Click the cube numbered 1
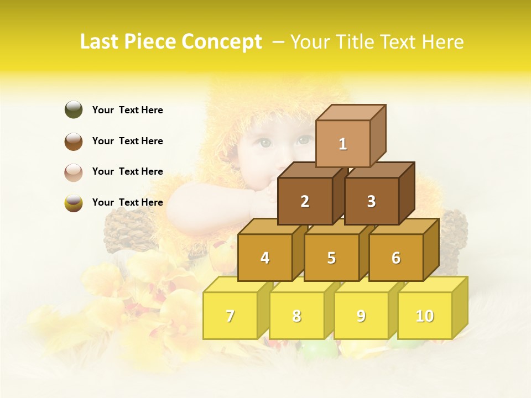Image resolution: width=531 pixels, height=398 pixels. [x=342, y=144]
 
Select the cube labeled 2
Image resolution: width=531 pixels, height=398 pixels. [x=305, y=201]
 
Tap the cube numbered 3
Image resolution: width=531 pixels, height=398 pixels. [x=371, y=201]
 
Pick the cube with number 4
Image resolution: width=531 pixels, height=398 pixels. [x=265, y=258]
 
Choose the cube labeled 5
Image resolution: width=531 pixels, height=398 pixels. [x=331, y=258]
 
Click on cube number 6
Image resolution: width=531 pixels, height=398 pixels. [x=396, y=258]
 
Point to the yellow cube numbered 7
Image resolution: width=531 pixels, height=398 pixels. [x=230, y=316]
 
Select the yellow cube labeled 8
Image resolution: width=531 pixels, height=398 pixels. [x=296, y=316]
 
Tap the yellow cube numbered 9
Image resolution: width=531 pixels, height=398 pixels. [x=361, y=316]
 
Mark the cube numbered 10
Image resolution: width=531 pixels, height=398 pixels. [x=424, y=316]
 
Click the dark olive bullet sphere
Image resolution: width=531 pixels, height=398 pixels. [x=74, y=109]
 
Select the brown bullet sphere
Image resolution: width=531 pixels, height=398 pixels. [x=74, y=141]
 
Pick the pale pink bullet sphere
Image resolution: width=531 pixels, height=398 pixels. [x=74, y=172]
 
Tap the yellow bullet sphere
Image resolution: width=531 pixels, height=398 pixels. [x=74, y=202]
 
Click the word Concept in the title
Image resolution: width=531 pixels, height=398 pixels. [x=221, y=42]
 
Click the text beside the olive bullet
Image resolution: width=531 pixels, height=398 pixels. [x=127, y=110]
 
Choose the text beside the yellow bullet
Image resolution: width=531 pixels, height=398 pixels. [x=127, y=202]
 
